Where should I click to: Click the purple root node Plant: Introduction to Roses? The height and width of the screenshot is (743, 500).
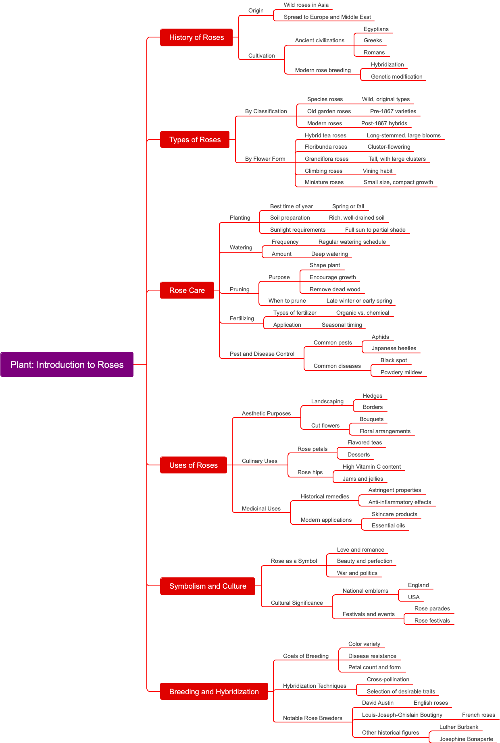point(67,364)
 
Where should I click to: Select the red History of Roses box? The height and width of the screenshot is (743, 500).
point(196,37)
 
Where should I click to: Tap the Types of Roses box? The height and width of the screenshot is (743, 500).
point(195,140)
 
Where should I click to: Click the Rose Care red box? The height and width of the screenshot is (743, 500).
point(187,290)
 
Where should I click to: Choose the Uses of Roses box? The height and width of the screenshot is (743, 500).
point(193,465)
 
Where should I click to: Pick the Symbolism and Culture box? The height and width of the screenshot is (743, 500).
point(208,586)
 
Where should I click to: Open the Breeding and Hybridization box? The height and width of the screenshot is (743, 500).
point(214,691)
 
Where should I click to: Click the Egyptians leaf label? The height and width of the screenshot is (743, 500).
point(376,29)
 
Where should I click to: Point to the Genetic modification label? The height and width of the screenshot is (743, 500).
point(396,77)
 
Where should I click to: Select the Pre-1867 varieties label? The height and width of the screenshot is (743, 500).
point(393,111)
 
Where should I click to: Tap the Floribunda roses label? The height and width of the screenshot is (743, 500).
point(326,147)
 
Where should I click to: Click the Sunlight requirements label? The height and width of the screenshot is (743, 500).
point(298,230)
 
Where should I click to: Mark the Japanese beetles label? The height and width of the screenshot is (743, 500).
point(394,348)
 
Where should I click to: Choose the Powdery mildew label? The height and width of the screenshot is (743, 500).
point(401,372)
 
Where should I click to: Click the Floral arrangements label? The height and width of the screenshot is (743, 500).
point(385,431)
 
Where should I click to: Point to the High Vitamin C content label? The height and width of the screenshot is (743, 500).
point(371,467)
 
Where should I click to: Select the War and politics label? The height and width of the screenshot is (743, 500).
point(357,573)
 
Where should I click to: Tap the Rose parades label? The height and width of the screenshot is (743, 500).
point(432,608)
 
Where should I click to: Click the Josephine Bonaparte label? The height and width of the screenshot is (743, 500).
point(466,739)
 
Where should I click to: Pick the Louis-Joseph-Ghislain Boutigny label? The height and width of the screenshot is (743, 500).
point(402,715)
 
